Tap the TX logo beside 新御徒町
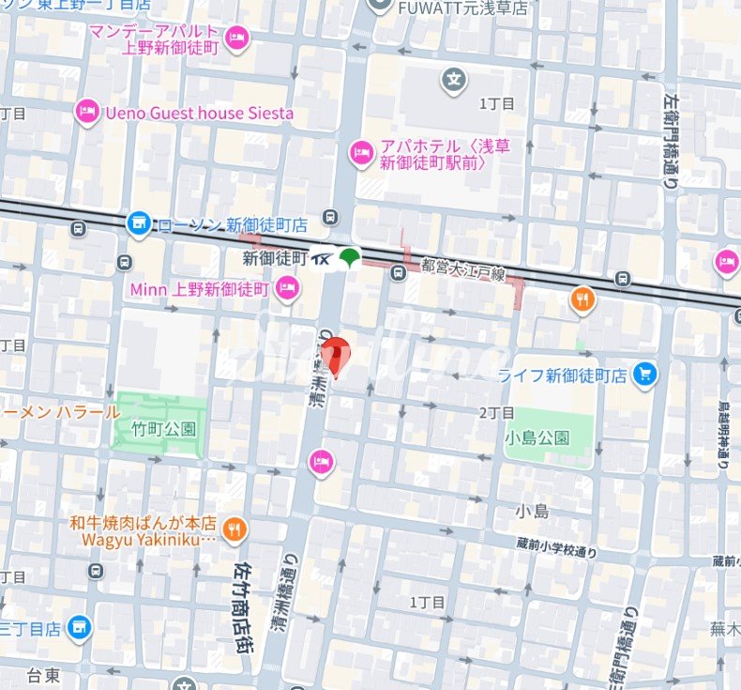point(322,257)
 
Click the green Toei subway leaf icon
point(349,256)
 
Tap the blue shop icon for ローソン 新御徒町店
point(139,222)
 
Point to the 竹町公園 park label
point(164,429)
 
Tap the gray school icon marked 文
point(454,81)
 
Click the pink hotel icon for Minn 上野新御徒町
point(287,290)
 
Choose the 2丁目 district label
point(496,413)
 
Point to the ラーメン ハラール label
point(60,412)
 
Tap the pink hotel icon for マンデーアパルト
point(238,37)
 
